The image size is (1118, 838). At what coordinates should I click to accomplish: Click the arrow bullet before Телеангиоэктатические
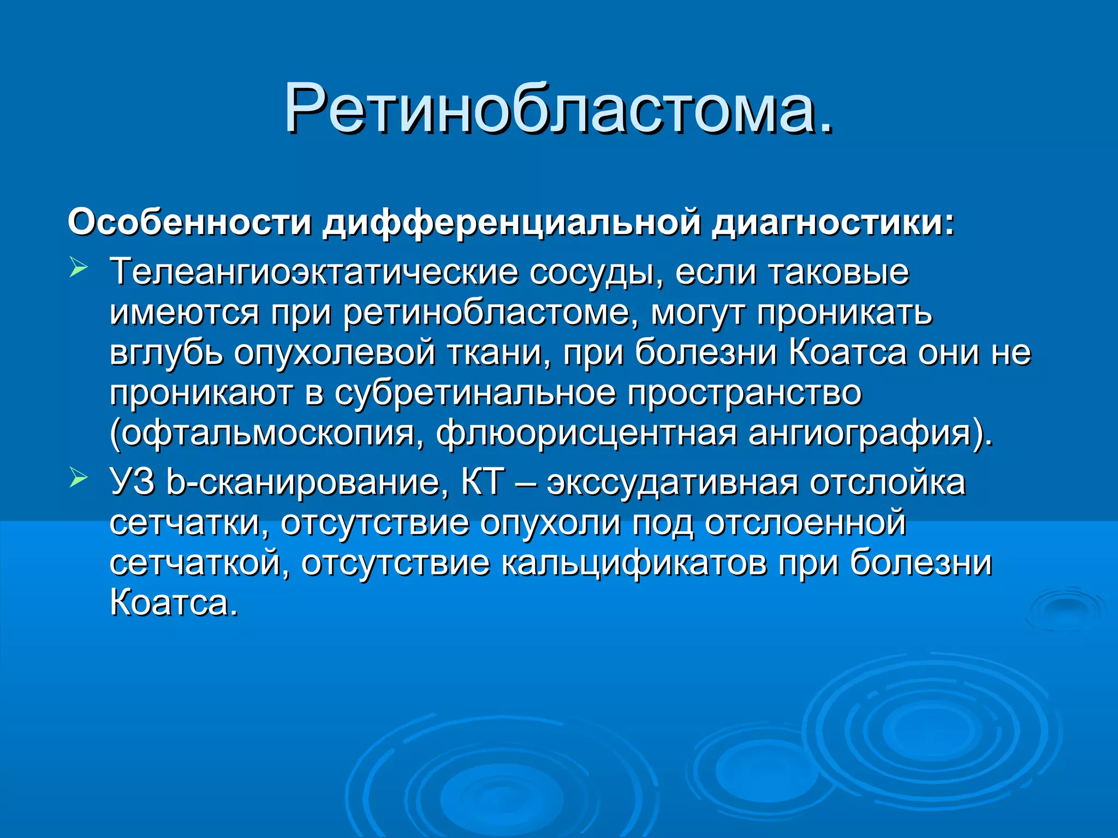pyautogui.click(x=79, y=269)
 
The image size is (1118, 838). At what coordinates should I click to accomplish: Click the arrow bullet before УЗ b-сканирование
pyautogui.click(x=79, y=479)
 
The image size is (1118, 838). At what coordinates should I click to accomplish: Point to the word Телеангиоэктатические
pyautogui.click(x=313, y=272)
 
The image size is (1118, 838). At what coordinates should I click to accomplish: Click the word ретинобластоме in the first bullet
pyautogui.click(x=491, y=313)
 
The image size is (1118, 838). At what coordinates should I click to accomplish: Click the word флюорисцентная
pyautogui.click(x=586, y=433)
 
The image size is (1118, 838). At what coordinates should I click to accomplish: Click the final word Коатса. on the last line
pyautogui.click(x=174, y=603)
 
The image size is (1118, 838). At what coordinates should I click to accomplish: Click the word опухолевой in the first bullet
pyautogui.click(x=335, y=352)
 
